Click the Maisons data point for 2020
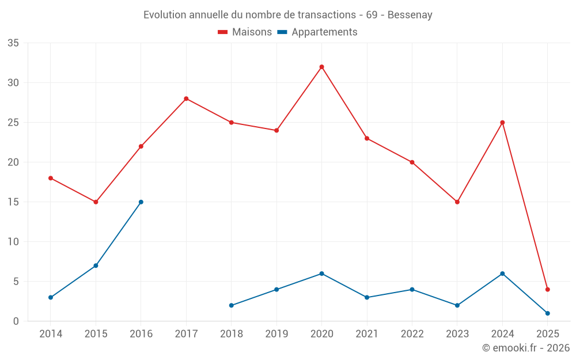point(321,67)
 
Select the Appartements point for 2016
point(141,202)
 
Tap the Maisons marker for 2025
point(548,290)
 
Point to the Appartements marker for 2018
point(231,305)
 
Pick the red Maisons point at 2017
point(186,98)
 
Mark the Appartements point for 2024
point(502,274)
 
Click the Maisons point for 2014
point(51,178)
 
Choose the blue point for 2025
point(548,313)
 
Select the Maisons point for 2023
point(457,202)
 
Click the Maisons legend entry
point(245,32)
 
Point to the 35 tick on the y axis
point(13,43)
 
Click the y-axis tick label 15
point(13,202)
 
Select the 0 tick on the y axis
point(16,321)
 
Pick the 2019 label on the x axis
point(276,334)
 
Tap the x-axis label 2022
point(412,334)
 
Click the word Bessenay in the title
point(410,15)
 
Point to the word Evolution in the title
point(165,15)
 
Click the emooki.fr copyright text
point(526,348)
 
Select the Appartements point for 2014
point(51,297)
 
